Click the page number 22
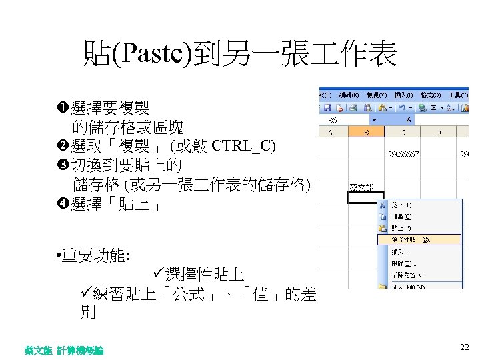coord(465,347)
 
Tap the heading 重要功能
coord(97,255)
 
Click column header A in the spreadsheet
coord(331,132)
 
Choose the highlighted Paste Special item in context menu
coord(416,239)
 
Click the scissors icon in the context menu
coord(383,205)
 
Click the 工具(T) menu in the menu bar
coord(458,95)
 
